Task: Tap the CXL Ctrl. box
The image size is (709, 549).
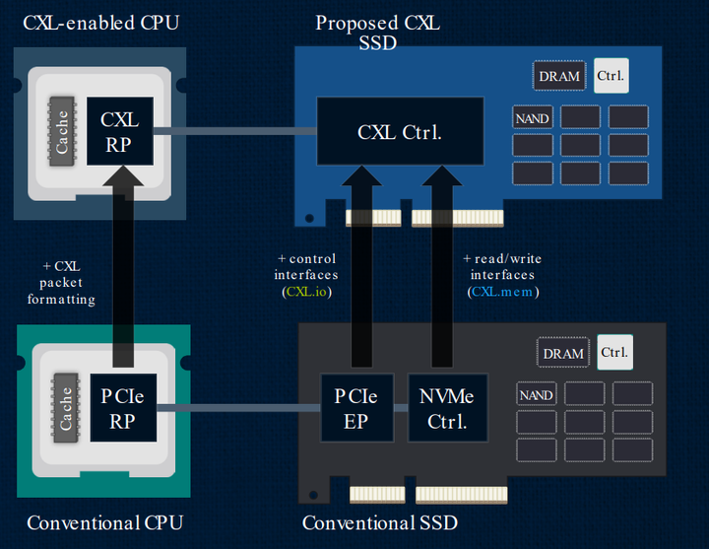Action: pyautogui.click(x=399, y=132)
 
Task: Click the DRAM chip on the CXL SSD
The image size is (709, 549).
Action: pyautogui.click(x=559, y=76)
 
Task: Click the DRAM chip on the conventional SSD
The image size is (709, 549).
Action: pyautogui.click(x=563, y=353)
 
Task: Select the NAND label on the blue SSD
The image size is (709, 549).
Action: pyautogui.click(x=533, y=118)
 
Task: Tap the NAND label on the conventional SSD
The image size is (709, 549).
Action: pyautogui.click(x=536, y=395)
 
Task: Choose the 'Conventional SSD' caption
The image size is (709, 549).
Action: pyautogui.click(x=379, y=522)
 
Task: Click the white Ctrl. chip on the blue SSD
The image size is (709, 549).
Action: pyautogui.click(x=612, y=75)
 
